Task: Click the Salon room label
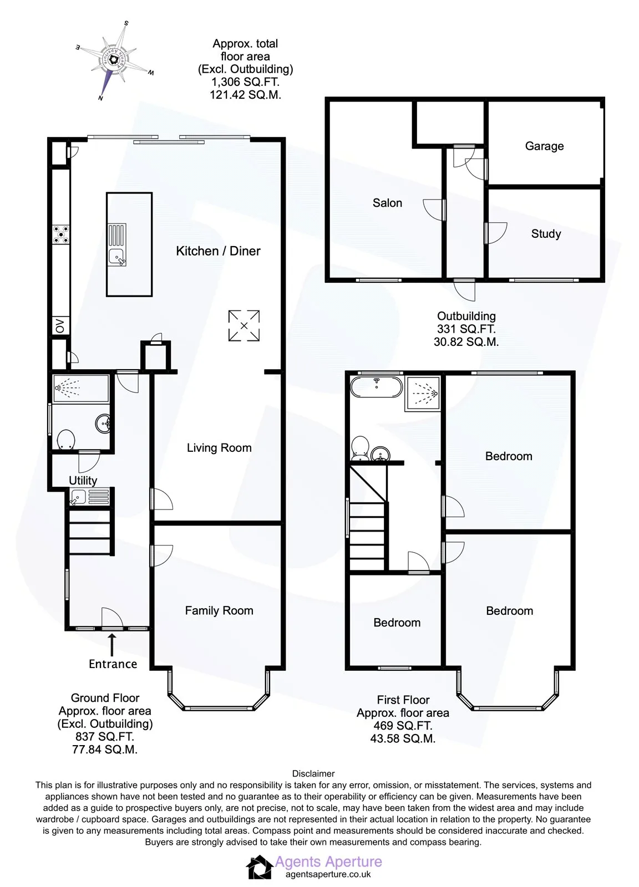coord(387,203)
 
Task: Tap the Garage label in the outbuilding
coord(544,146)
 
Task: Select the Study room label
coord(545,233)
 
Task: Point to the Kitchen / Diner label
coord(218,251)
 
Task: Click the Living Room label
coord(219,448)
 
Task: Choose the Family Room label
coord(219,610)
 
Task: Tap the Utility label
coord(83,480)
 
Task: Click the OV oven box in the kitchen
coord(60,326)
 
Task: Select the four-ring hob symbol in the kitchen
coord(61,235)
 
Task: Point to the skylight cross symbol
coord(244,325)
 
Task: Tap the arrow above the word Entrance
coord(112,645)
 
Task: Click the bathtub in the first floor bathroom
coord(376,386)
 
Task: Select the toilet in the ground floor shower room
coord(66,440)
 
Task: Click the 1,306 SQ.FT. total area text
coord(245,82)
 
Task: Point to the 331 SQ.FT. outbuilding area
coord(466,329)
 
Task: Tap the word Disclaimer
coord(313,773)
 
